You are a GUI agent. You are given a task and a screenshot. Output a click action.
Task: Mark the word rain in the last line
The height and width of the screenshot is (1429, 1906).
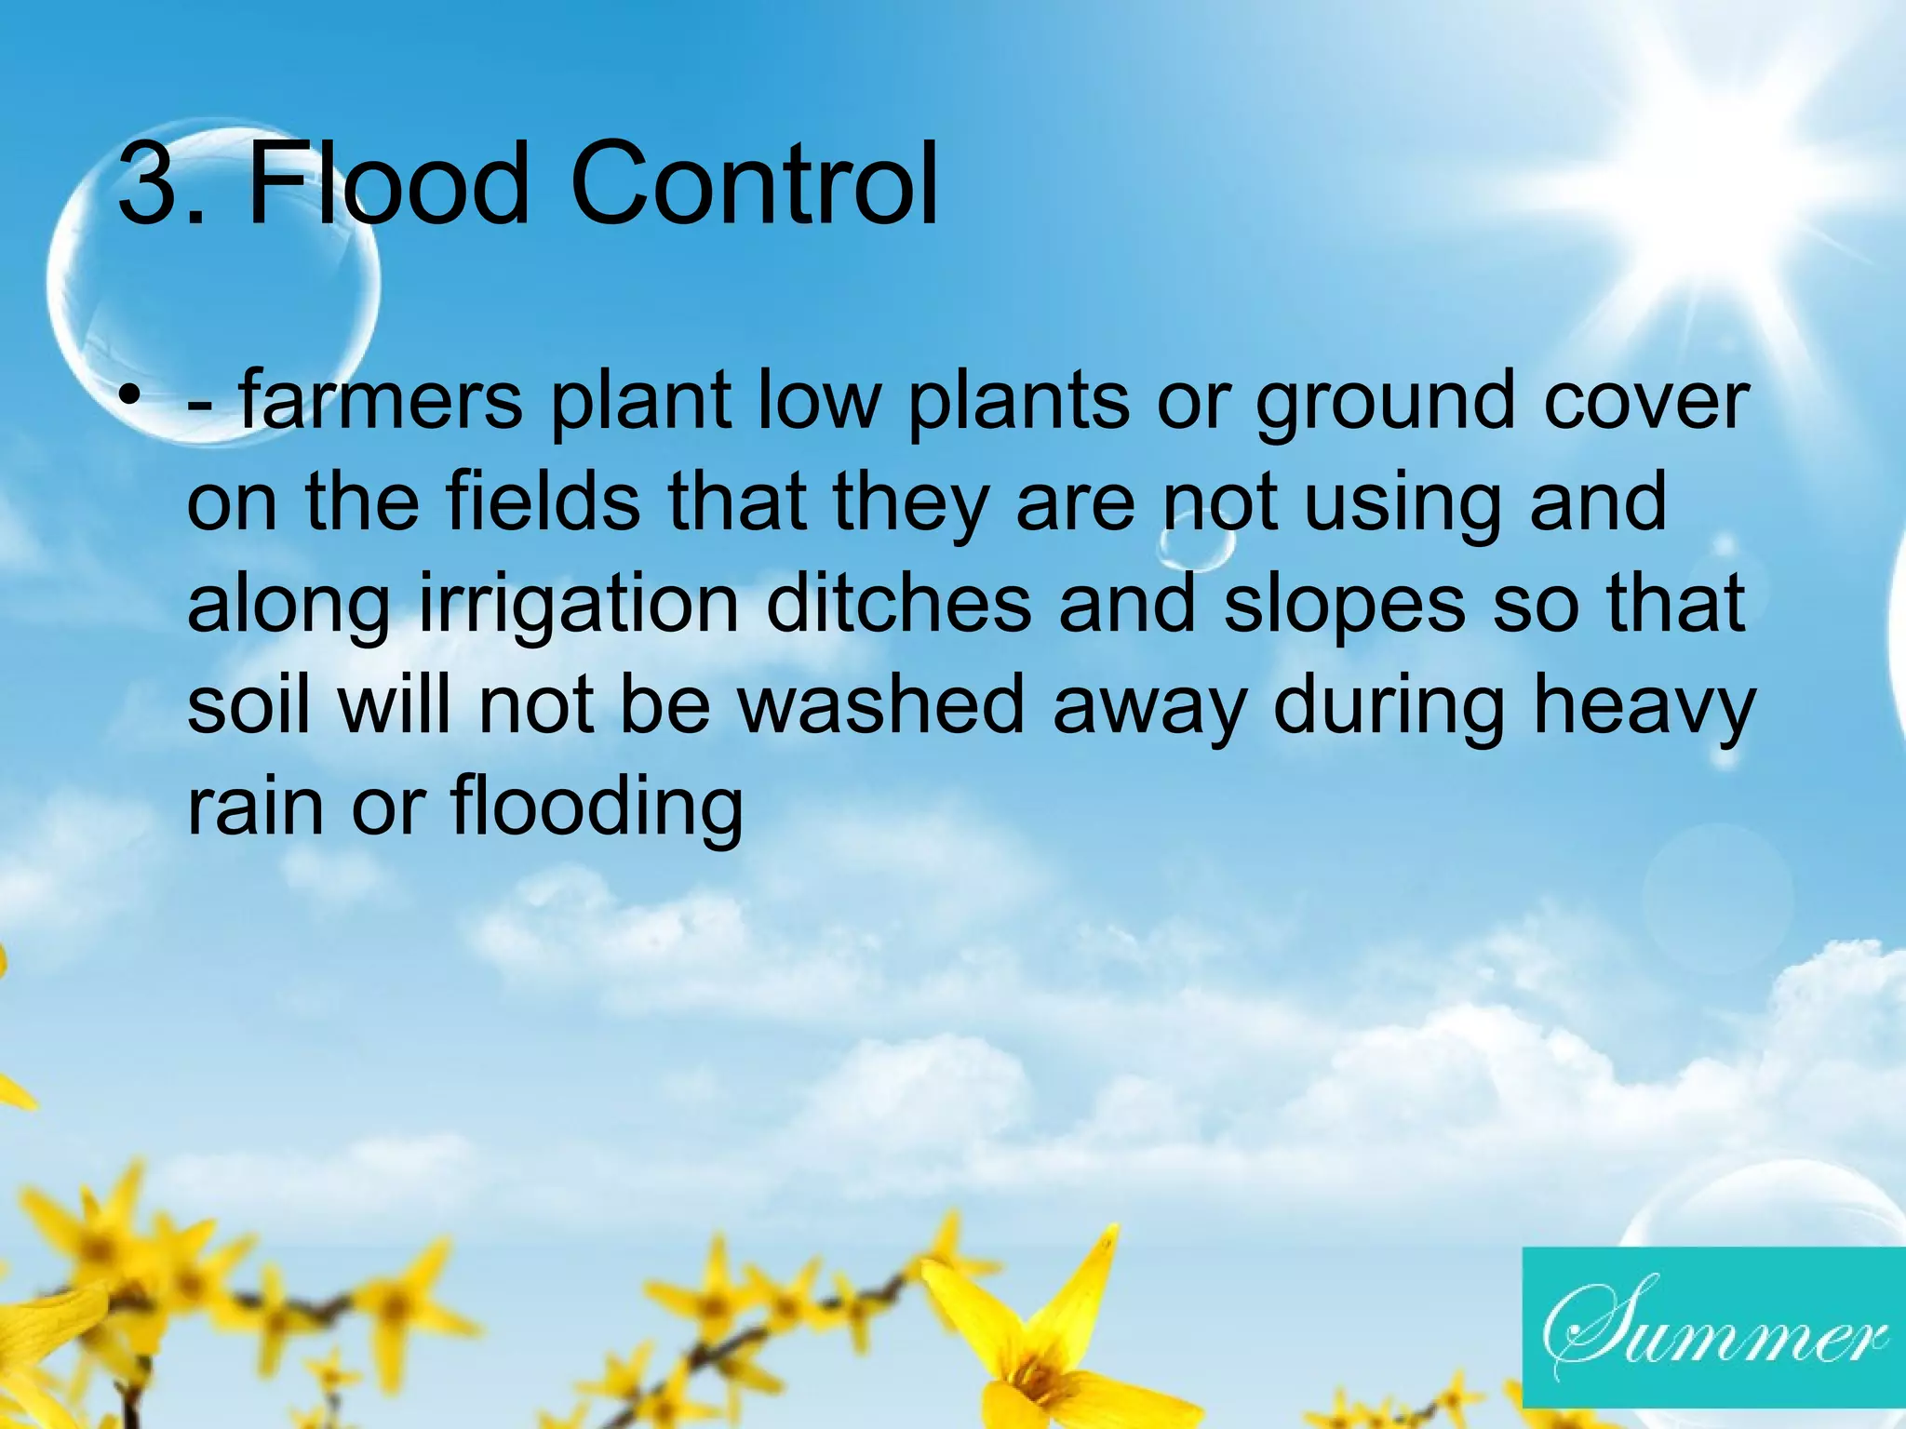(x=253, y=806)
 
